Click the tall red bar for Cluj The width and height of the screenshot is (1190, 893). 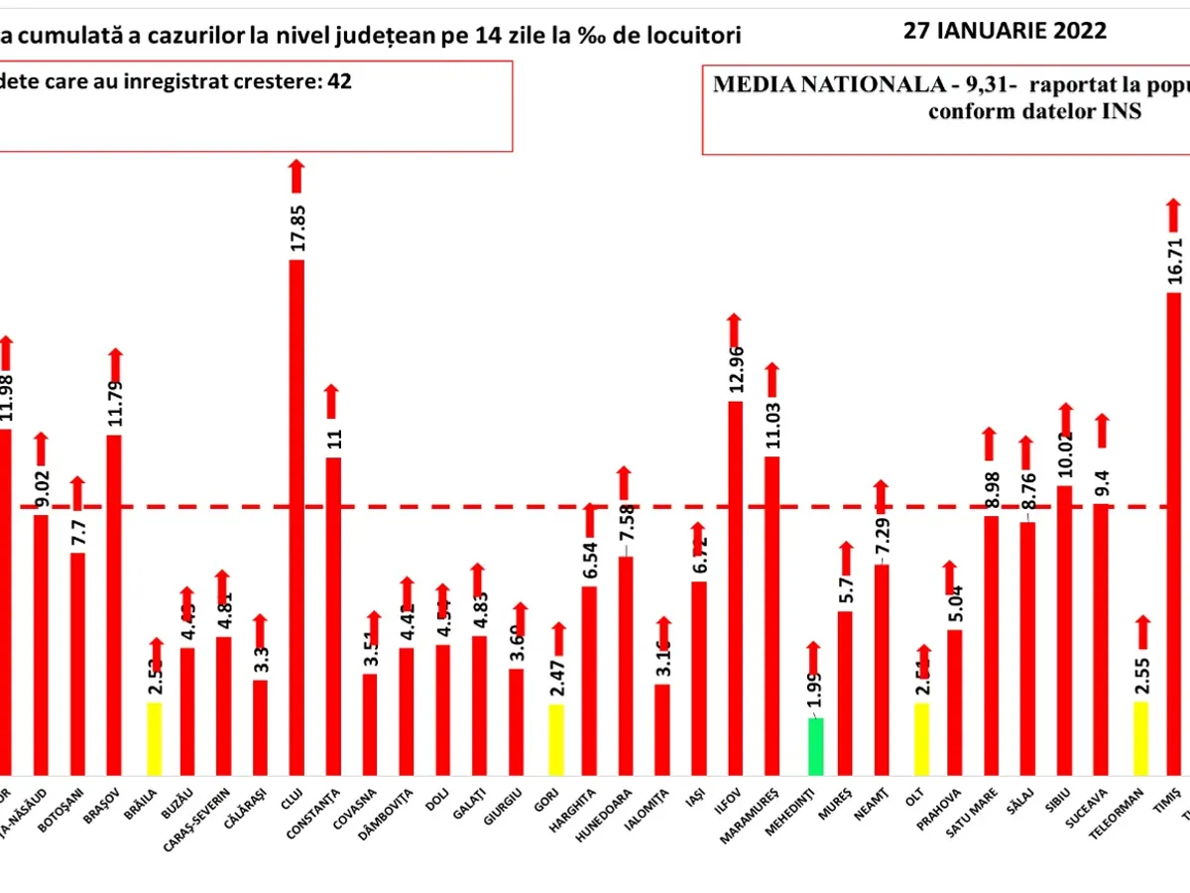pos(297,516)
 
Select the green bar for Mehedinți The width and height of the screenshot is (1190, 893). pos(815,746)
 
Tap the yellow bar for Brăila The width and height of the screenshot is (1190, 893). pos(154,738)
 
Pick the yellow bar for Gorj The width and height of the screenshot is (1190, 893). pos(556,739)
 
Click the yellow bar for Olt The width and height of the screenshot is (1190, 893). pos(922,738)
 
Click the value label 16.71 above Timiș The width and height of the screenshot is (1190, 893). pos(1175,258)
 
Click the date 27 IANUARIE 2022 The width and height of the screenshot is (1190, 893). pos(1005,30)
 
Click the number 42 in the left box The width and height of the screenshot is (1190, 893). pos(340,81)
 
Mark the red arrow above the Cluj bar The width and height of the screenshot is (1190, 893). pos(297,176)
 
